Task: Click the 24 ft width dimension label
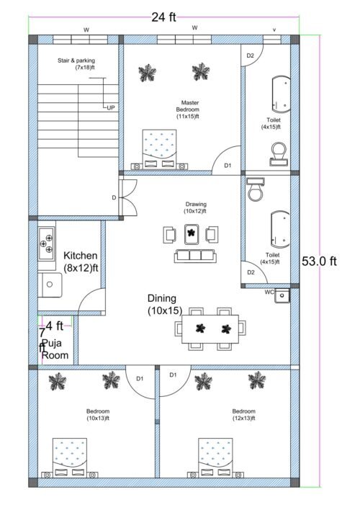pos(163,18)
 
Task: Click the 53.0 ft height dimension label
pos(319,261)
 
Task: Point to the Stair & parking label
pos(76,64)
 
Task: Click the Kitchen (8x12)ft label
pos(81,261)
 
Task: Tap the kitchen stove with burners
pos(47,243)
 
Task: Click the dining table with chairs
pos(210,331)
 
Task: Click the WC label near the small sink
pos(269,292)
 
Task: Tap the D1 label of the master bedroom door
pos(228,166)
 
